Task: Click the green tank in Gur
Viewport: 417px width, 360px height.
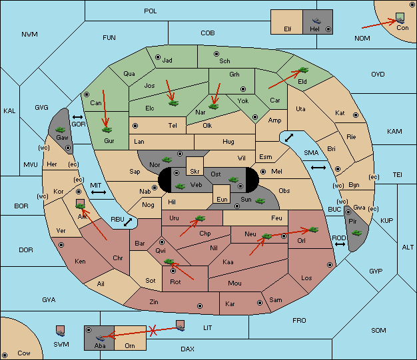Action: [107, 130]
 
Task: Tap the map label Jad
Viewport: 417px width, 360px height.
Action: [167, 61]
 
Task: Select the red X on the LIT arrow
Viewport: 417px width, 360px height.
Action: [153, 331]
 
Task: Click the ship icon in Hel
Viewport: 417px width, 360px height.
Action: [316, 21]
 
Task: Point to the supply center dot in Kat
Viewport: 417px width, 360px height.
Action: [356, 115]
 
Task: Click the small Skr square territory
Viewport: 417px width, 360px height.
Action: [195, 166]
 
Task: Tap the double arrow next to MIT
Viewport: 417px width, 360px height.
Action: [99, 192]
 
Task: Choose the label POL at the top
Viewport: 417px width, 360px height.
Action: [151, 11]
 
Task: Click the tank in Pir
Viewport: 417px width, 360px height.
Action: [356, 233]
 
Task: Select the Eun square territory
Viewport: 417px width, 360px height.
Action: [222, 194]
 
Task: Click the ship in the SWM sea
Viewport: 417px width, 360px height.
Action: [61, 331]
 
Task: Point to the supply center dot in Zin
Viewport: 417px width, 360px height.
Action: [200, 306]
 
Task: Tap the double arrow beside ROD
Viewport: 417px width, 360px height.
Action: [340, 244]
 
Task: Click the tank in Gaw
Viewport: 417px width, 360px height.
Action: [61, 130]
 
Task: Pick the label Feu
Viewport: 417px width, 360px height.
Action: [276, 218]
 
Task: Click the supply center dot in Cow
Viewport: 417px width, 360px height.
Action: [5, 355]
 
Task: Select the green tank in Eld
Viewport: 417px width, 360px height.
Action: [304, 70]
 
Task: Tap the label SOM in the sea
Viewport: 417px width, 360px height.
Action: [378, 331]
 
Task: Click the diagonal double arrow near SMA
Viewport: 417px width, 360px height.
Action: [289, 138]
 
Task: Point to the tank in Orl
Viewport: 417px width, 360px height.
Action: [314, 230]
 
